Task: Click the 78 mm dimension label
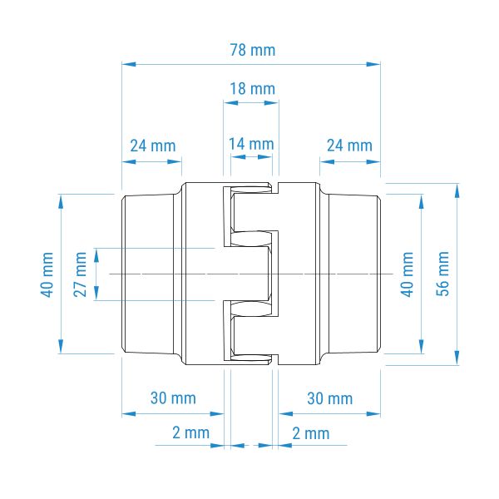pos(253,50)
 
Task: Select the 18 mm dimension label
pos(252,89)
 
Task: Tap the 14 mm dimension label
pos(251,144)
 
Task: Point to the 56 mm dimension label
pos(442,274)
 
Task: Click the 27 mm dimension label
pos(80,274)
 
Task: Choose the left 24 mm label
pos(153,146)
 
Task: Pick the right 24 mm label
pos(349,146)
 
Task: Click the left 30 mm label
pos(173,398)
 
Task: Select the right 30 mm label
pos(330,398)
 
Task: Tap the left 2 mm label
pos(191,432)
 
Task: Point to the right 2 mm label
pos(311,433)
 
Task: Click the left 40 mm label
pos(47,274)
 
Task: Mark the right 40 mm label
pos(407,274)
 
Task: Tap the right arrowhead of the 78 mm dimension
pos(373,64)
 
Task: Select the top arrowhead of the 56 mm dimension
pos(457,190)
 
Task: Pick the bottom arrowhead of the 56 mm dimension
pos(457,358)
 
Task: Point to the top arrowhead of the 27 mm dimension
pos(96,255)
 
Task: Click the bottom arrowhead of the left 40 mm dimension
pos(61,346)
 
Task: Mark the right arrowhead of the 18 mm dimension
pos(272,103)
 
